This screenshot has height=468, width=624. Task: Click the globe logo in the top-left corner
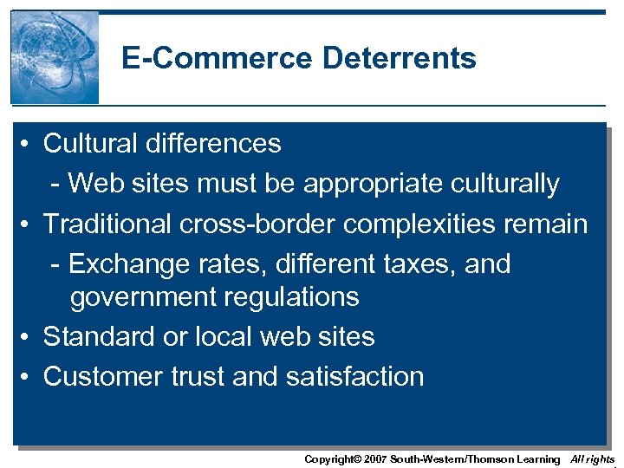[55, 57]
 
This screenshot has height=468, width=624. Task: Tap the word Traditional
[108, 224]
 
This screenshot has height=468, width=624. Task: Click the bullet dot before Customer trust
[29, 377]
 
